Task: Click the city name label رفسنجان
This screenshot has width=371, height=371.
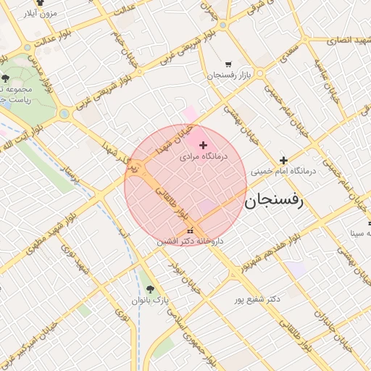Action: click(x=282, y=201)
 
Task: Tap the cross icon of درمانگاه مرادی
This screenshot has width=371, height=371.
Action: click(x=202, y=146)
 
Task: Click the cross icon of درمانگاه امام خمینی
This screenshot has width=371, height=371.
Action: click(x=283, y=160)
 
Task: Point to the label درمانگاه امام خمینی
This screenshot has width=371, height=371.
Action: click(x=284, y=172)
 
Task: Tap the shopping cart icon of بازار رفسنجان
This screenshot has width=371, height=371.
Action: click(x=229, y=64)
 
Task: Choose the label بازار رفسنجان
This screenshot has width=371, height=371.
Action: click(x=229, y=75)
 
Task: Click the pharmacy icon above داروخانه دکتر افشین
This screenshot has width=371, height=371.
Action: click(x=191, y=230)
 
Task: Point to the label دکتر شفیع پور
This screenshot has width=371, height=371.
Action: click(x=257, y=299)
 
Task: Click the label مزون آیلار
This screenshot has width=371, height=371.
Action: click(x=39, y=14)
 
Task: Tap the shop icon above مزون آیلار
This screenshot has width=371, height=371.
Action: click(x=40, y=4)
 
